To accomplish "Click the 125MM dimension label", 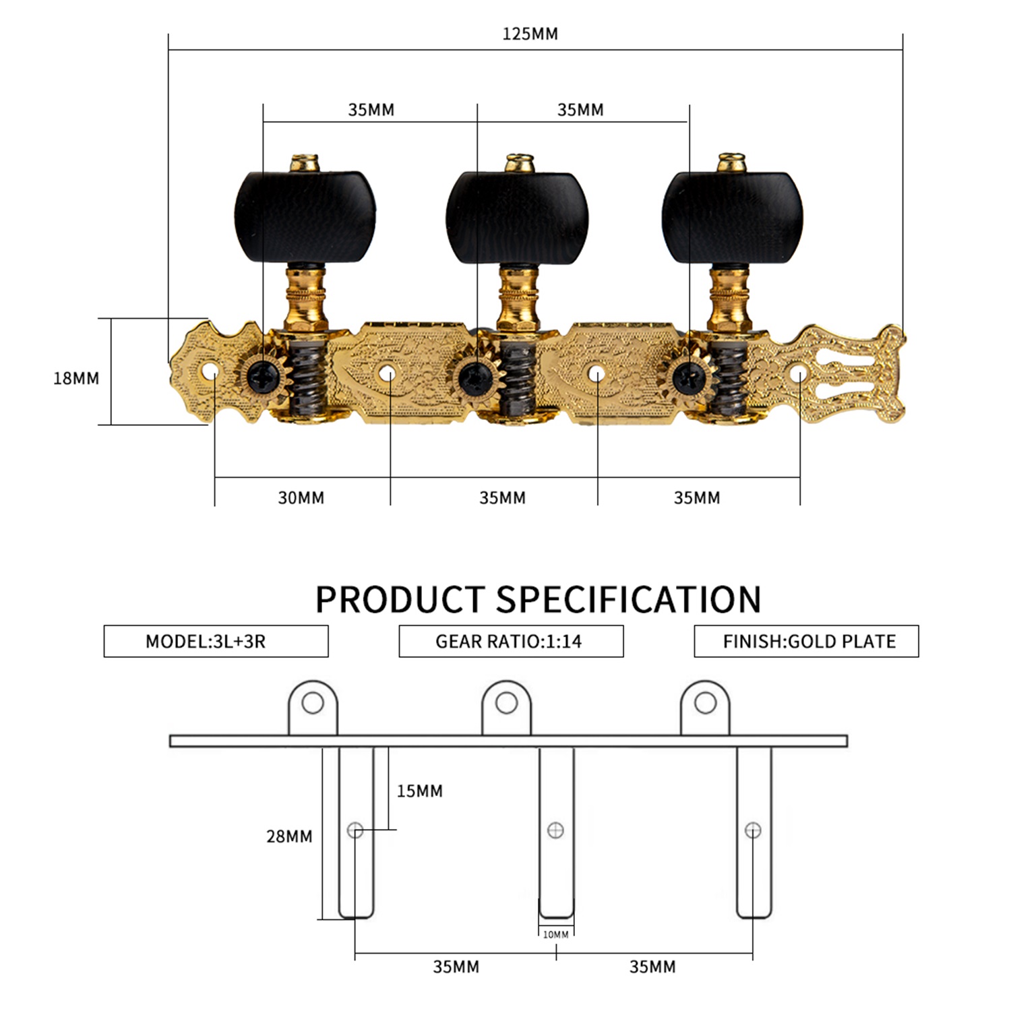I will click(530, 34).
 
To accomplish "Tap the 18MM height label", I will click(76, 378).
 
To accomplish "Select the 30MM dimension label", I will click(301, 498).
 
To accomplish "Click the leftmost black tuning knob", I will click(305, 217).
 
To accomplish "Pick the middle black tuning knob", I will click(518, 217).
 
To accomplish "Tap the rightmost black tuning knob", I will click(732, 217).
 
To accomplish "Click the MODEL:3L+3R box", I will click(216, 641).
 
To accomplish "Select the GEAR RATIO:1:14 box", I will click(511, 641).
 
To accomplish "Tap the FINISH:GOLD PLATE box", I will click(806, 641).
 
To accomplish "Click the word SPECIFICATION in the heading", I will click(628, 599).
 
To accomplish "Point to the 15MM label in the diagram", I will click(419, 791).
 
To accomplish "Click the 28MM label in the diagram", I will click(289, 836).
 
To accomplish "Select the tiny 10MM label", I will click(555, 935).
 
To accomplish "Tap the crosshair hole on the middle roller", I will click(555, 830).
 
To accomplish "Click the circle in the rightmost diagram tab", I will click(705, 703).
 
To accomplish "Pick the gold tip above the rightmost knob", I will click(732, 162).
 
